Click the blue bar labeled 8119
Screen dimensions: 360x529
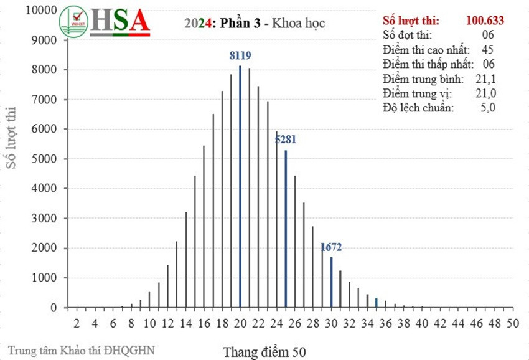point(240,187)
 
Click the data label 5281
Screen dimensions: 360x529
point(286,140)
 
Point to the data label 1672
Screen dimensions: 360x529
point(331,247)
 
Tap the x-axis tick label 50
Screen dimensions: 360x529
point(513,323)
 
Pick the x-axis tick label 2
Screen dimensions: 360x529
point(76,323)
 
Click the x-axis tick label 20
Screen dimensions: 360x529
point(240,323)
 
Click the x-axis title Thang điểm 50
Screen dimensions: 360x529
point(264,351)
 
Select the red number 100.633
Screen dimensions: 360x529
point(485,20)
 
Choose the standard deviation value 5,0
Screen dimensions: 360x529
point(488,108)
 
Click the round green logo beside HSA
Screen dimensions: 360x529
point(74,21)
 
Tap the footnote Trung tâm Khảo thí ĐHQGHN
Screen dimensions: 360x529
point(81,349)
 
